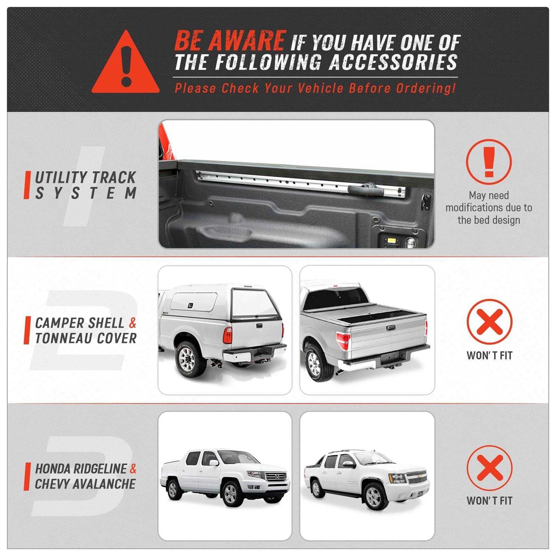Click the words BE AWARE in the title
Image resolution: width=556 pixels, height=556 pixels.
(230, 40)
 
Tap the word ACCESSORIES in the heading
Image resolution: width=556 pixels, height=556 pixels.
(393, 62)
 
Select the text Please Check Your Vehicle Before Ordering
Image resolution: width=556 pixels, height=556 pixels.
(315, 89)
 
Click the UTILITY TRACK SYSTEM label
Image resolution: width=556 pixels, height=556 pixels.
(85, 185)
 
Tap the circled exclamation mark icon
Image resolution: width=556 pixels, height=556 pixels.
(489, 162)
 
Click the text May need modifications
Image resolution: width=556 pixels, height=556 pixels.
(489, 208)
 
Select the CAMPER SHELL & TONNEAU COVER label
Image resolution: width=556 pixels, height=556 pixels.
(85, 330)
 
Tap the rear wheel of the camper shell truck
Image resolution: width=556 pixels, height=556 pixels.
(191, 358)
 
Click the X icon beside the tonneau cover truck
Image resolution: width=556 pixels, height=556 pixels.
(489, 322)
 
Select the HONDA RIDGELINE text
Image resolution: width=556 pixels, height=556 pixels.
(81, 469)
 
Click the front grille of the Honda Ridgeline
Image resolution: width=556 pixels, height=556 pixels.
(276, 476)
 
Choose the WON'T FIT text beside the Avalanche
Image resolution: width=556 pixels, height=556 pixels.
(489, 501)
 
